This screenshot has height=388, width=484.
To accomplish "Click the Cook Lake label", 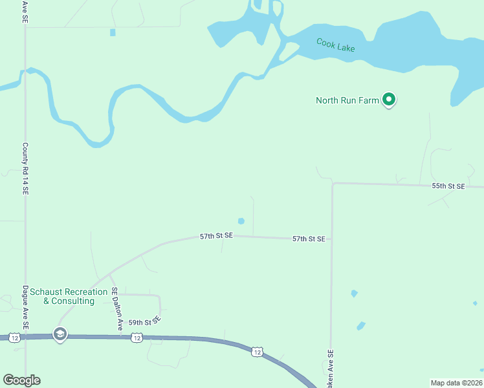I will tap(335, 45).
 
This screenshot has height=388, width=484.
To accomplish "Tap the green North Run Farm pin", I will tap(389, 100).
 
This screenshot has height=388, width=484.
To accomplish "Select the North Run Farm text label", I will tap(347, 100).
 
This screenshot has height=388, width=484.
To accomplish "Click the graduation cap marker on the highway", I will tap(60, 334).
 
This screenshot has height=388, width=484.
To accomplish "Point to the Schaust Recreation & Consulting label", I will tap(67, 296).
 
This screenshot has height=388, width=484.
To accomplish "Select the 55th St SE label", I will tap(448, 186).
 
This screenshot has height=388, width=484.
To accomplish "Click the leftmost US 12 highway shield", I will tap(14, 337).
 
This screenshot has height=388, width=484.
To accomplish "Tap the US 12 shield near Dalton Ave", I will tap(136, 338).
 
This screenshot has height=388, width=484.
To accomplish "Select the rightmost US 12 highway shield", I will tap(257, 352).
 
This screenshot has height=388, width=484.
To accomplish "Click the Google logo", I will tap(21, 380).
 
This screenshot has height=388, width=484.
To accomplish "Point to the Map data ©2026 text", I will tap(456, 382).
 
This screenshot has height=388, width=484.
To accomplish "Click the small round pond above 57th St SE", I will tap(241, 221).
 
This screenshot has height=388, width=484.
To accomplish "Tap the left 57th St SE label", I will tap(215, 237).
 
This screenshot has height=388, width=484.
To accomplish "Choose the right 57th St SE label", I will tap(308, 239).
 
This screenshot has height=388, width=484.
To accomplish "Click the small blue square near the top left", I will tap(113, 32).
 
